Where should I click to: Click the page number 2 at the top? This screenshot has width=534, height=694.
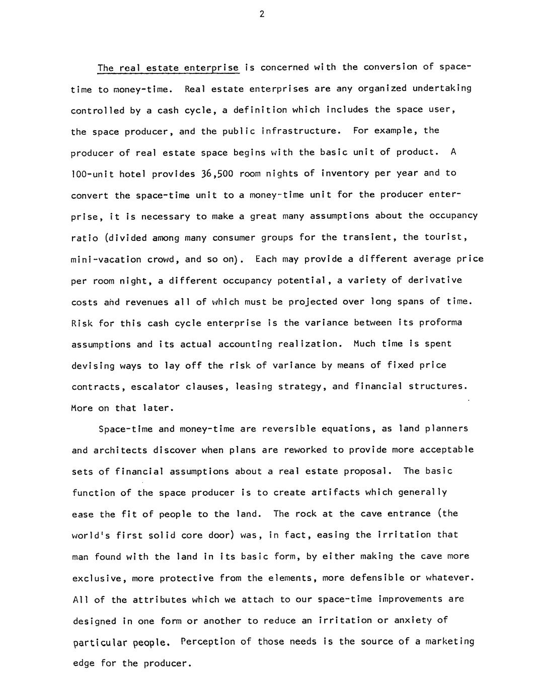(262, 14)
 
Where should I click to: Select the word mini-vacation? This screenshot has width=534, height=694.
(106, 259)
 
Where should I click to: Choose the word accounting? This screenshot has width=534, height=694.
(245, 344)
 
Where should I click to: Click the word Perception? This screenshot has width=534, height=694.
(208, 642)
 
